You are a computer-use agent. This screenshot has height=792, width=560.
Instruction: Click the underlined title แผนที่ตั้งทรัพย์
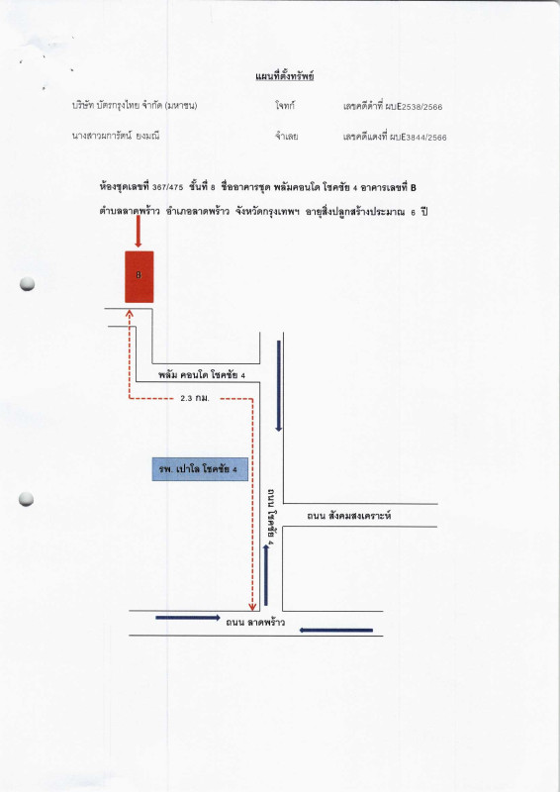284,77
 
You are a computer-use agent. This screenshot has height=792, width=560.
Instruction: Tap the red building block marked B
139,277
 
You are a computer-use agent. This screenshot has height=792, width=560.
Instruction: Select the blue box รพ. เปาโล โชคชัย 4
200,469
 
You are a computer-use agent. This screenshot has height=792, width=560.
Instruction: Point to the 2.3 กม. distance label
195,399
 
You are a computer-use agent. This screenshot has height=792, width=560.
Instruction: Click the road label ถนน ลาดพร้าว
255,623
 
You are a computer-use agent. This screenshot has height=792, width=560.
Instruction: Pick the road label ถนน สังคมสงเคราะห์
349,516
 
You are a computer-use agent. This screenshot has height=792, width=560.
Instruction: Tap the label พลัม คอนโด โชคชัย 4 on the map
202,375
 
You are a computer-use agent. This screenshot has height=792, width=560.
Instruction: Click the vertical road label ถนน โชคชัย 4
271,515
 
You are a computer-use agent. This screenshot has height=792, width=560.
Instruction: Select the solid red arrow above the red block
138,231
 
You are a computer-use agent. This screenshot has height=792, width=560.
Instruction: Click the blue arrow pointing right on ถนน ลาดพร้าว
188,617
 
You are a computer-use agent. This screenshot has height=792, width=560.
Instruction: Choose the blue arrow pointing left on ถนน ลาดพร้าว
336,630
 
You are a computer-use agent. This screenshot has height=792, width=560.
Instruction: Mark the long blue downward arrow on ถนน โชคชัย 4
278,386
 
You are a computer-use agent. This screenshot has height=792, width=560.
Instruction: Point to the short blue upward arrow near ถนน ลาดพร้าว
266,575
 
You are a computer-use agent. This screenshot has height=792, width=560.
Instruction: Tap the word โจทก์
285,106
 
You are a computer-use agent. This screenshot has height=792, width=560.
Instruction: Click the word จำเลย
286,137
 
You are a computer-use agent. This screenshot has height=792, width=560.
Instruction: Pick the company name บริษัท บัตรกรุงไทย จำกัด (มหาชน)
135,106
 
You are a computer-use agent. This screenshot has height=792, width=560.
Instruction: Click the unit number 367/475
167,188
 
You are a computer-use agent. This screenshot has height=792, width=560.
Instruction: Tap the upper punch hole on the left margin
28,284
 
